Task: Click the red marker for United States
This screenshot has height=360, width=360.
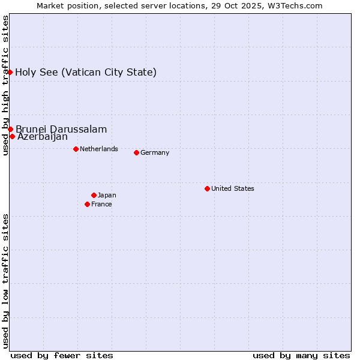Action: point(207,188)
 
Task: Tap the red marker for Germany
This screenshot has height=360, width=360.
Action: point(136,152)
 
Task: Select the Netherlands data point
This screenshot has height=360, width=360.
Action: point(76,149)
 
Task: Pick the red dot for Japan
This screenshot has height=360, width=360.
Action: point(94,195)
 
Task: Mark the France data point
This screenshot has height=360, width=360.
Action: point(87,204)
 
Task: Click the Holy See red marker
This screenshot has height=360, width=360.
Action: point(10,72)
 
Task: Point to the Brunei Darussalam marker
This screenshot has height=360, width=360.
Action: point(10,129)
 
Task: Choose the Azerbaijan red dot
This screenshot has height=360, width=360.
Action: point(12,136)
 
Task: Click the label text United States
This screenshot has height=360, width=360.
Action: point(233,188)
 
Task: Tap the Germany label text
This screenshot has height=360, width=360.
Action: point(155,152)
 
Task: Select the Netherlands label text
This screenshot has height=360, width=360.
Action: point(99,149)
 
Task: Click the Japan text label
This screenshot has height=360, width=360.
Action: point(107,195)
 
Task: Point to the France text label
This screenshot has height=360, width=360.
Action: point(101,204)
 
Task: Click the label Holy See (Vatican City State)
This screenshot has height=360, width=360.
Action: point(86,73)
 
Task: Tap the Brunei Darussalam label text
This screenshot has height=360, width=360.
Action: point(61,129)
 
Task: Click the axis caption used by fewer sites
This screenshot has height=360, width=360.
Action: point(62,355)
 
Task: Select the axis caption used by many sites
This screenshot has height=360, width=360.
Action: point(301,355)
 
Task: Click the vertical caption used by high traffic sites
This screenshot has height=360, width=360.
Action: point(5,85)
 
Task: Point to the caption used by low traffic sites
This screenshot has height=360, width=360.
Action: point(5,281)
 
